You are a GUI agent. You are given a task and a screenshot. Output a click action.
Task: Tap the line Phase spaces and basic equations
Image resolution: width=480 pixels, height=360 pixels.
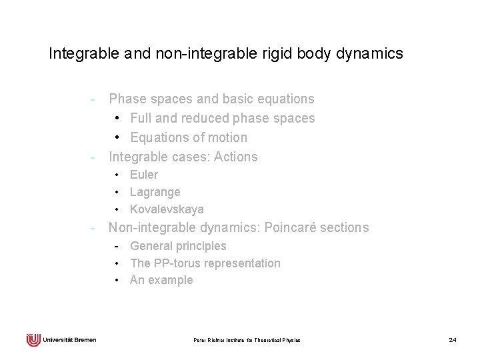[x=211, y=99]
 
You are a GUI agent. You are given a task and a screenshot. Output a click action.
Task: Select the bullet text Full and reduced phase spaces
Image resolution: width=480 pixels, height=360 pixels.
[x=223, y=118]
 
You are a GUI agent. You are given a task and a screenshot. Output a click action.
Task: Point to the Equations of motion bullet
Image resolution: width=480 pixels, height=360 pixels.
[x=189, y=137]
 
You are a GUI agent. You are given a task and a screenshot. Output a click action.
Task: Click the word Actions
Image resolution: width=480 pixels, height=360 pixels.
[x=233, y=157]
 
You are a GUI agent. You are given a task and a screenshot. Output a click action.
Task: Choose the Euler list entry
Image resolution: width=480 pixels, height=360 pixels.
[x=144, y=175]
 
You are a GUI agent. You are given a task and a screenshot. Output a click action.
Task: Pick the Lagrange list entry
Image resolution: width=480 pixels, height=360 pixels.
[x=155, y=192]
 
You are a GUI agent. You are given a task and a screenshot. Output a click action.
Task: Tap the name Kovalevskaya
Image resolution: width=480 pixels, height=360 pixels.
[x=167, y=209]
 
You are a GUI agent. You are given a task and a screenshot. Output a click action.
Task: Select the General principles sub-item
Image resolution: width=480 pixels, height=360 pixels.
[x=178, y=246]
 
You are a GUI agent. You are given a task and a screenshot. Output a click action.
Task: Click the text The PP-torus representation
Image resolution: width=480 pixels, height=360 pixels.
[x=205, y=263]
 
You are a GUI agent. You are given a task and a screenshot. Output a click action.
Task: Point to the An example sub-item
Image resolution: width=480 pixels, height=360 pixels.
[x=161, y=280]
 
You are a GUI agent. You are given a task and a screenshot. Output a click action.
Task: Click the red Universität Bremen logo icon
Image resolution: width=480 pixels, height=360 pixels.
[x=33, y=339]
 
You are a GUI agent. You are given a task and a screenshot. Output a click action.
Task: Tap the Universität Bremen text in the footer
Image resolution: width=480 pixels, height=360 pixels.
[x=69, y=340]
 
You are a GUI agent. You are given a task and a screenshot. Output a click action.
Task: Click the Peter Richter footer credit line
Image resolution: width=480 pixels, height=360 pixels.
[x=247, y=341]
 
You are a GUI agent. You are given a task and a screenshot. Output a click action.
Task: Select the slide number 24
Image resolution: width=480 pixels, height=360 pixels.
[x=453, y=341]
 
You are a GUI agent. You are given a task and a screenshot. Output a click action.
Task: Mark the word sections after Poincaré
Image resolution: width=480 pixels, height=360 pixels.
[x=346, y=228]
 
